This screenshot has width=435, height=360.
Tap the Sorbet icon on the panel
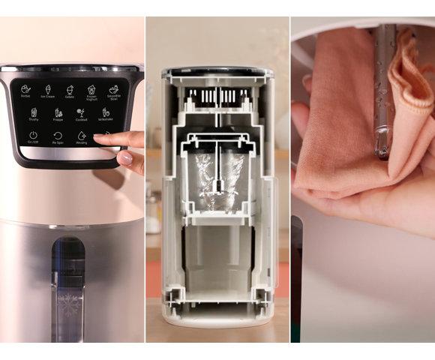(x=25, y=90)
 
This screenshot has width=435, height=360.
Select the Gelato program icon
(x=69, y=90)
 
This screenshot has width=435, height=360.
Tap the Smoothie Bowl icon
(x=114, y=90)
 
